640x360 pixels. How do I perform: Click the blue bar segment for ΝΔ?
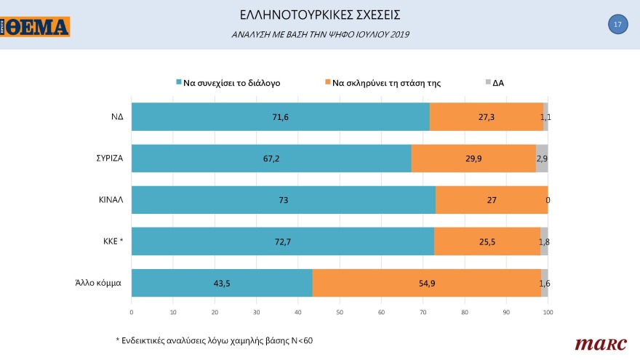pos(280,116)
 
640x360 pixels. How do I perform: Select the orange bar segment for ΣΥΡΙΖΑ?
pos(473,158)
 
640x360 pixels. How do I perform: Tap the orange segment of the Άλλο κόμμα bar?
pos(426,283)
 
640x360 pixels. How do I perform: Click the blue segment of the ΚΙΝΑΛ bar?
pos(283,200)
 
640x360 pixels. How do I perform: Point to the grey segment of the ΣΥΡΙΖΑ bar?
pos(542,158)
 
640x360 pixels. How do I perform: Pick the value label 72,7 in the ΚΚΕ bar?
pos(282,241)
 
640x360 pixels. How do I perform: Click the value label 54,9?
pos(426,283)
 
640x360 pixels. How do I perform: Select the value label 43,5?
pos(222,283)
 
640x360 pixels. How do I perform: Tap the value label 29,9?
pos(473,158)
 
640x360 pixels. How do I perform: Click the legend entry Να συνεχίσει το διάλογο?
pos(228,83)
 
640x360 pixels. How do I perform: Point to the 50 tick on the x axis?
pos(340,312)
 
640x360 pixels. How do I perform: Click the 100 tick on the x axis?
pos(548,312)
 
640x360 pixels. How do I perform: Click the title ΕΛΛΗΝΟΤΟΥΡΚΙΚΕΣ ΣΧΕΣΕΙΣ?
pos(319,15)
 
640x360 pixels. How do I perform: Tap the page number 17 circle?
pos(617,25)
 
